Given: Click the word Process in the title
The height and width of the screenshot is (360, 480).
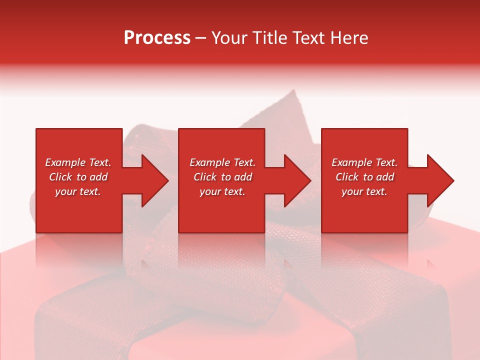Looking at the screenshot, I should click(157, 38).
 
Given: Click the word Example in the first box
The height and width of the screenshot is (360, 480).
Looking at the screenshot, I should click(65, 162).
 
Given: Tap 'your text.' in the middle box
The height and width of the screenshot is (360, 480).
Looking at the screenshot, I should click(222, 191).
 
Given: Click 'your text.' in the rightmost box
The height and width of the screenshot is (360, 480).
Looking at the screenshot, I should click(364, 191).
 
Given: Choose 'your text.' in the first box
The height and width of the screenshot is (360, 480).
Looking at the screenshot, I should click(77, 191).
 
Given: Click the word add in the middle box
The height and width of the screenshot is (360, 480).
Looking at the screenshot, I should click(242, 177).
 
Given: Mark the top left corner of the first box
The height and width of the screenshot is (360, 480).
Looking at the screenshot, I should click(37, 129).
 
